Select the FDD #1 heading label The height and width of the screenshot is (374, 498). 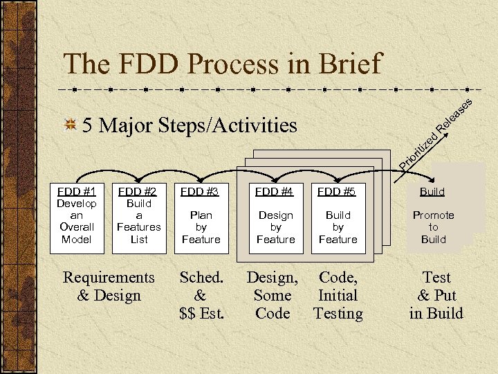[x=77, y=191]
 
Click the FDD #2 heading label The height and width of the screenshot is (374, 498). [x=138, y=191]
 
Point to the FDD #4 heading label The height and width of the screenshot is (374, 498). [x=275, y=191]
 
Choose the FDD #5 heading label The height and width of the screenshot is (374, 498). [x=337, y=191]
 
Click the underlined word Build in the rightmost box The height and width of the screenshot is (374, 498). [x=433, y=192]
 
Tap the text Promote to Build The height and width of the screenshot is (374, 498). [x=434, y=227]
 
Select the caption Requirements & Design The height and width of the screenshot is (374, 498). [x=109, y=286]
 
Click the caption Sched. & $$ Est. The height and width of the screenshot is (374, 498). [x=202, y=295]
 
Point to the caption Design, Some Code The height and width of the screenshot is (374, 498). [x=273, y=295]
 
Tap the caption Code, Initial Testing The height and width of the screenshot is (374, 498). [x=338, y=295]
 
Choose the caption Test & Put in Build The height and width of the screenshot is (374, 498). [x=436, y=295]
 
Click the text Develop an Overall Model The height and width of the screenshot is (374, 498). [x=77, y=221]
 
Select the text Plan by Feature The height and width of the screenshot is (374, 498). [x=201, y=227]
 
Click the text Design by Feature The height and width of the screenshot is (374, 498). [x=275, y=227]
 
